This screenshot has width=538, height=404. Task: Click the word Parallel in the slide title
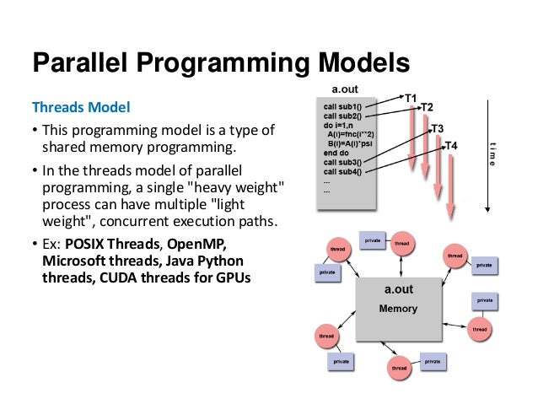click(81, 63)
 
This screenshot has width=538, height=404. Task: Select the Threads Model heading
click(82, 108)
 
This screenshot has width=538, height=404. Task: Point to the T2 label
click(427, 107)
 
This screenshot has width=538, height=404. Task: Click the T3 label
click(438, 128)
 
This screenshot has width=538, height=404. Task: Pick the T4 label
click(451, 146)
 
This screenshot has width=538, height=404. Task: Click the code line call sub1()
click(342, 106)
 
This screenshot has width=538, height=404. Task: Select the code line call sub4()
click(342, 172)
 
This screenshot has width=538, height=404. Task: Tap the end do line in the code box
click(336, 153)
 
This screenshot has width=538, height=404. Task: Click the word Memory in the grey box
click(398, 309)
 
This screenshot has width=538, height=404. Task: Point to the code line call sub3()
click(342, 162)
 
